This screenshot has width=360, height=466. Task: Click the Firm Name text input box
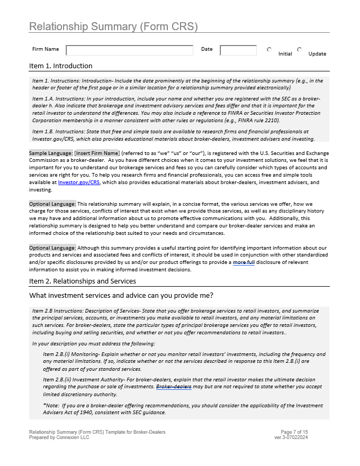point(129,50)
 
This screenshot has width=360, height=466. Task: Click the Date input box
point(238,50)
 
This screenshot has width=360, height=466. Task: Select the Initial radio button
point(269,50)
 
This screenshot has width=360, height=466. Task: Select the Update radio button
point(300,50)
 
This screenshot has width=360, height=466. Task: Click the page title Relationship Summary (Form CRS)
point(113,26)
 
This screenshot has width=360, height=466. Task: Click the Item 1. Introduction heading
point(61,66)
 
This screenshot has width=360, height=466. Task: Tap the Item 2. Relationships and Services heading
point(83,281)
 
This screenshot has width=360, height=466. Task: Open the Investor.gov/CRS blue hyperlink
point(79,182)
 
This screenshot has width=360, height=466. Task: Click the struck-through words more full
point(244,262)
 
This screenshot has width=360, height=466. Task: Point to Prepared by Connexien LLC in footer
point(59,437)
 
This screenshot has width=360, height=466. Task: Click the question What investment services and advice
point(121,295)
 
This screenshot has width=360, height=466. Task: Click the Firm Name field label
point(46,50)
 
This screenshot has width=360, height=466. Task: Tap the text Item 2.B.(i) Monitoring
point(68,354)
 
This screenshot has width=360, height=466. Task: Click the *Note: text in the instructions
point(51,406)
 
